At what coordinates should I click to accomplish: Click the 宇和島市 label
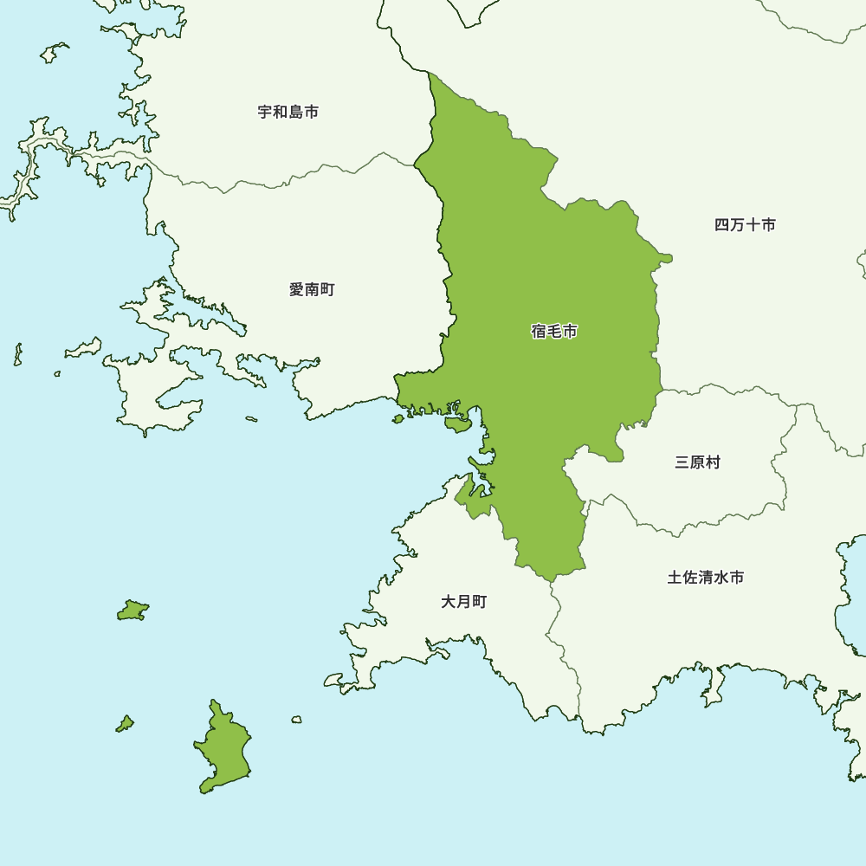[288, 113]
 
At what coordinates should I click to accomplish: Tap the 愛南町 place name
[312, 290]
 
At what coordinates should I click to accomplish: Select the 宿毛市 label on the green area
[554, 332]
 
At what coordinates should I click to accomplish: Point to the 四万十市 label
[745, 225]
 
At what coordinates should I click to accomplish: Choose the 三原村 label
[697, 462]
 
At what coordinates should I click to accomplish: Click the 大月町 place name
[464, 602]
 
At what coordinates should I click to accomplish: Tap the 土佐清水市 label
[705, 578]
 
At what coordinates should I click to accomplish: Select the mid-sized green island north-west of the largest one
[132, 611]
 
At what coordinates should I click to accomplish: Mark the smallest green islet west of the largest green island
[126, 723]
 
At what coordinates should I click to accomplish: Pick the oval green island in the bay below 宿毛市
[456, 424]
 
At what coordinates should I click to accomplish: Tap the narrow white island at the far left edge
[17, 353]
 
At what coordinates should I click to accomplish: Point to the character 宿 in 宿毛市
[539, 332]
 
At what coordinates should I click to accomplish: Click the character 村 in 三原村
[713, 462]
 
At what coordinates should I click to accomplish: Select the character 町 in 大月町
[479, 602]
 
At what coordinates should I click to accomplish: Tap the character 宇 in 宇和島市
[265, 113]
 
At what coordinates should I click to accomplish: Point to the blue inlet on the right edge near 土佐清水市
[853, 598]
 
